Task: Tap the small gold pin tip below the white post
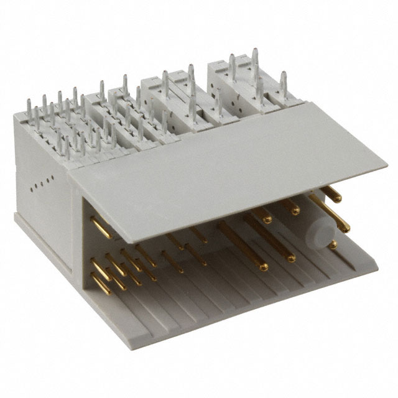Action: tap(334, 245)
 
